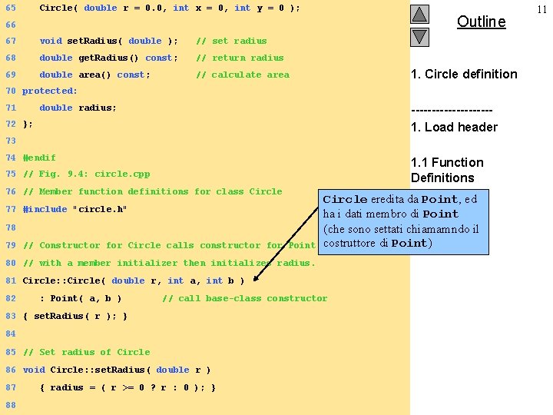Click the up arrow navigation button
pyautogui.click(x=419, y=14)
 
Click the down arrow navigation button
pyautogui.click(x=419, y=36)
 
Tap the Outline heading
pyautogui.click(x=481, y=22)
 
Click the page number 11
pyautogui.click(x=542, y=8)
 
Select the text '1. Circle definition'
pyautogui.click(x=464, y=75)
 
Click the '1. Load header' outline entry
pyautogui.click(x=454, y=127)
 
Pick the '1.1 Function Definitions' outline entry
pyautogui.click(x=447, y=170)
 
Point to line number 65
pyautogui.click(x=10, y=8)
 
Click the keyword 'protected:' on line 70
pyautogui.click(x=50, y=91)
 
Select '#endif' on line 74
pyautogui.click(x=39, y=158)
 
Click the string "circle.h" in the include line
pyautogui.click(x=99, y=209)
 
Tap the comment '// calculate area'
pyautogui.click(x=243, y=75)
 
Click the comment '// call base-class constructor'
pyautogui.click(x=244, y=298)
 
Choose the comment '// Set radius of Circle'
pyautogui.click(x=86, y=352)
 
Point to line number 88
pyautogui.click(x=10, y=404)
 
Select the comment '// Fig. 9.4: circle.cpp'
pyautogui.click(x=86, y=174)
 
